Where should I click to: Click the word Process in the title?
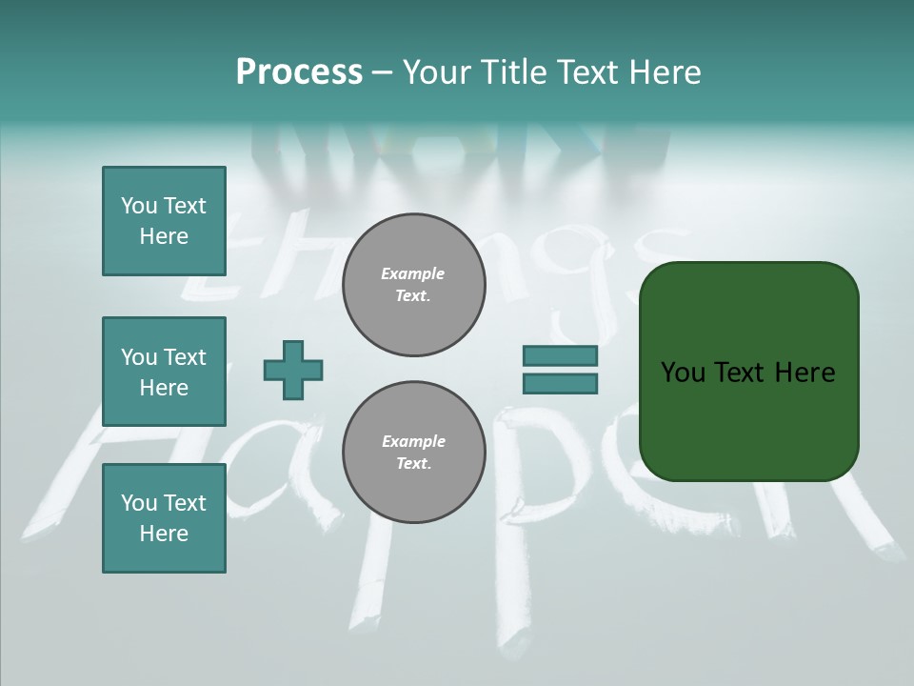pyautogui.click(x=299, y=72)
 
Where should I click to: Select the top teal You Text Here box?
pyautogui.click(x=164, y=221)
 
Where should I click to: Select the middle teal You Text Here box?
pyautogui.click(x=164, y=372)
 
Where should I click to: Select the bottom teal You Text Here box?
pyautogui.click(x=164, y=518)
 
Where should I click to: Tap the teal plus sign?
pyautogui.click(x=293, y=370)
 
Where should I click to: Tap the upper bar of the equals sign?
pyautogui.click(x=560, y=355)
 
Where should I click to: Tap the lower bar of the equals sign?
pyautogui.click(x=560, y=384)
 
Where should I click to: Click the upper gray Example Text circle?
pyautogui.click(x=413, y=285)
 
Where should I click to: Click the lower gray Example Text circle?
pyautogui.click(x=413, y=453)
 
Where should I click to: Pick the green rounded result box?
pyautogui.click(x=748, y=372)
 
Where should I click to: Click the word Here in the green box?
pyautogui.click(x=805, y=373)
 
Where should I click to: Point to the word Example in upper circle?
pyautogui.click(x=413, y=273)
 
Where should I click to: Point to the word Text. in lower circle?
pyautogui.click(x=413, y=464)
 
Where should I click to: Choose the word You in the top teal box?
pyautogui.click(x=137, y=206)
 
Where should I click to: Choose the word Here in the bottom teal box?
pyautogui.click(x=164, y=534)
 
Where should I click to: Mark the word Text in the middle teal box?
pyautogui.click(x=185, y=357)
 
